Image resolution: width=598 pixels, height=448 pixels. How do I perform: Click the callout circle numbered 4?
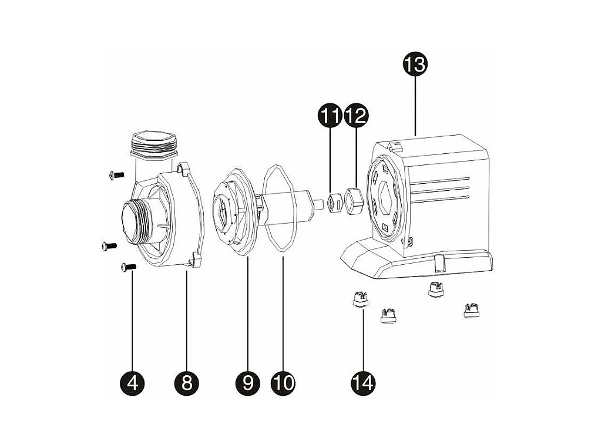[132, 382]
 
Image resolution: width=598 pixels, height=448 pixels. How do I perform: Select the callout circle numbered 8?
[186, 382]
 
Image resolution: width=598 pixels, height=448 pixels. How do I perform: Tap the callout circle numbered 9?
[248, 382]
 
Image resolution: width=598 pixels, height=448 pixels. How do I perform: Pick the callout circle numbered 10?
[283, 382]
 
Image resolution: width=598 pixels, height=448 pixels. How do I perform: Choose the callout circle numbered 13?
[415, 63]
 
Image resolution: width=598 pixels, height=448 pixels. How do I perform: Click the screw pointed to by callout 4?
[129, 268]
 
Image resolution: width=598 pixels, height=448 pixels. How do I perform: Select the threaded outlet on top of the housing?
[154, 144]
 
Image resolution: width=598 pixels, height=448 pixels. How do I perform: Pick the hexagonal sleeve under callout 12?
[354, 200]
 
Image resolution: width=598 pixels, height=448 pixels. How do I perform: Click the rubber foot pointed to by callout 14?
[361, 298]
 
